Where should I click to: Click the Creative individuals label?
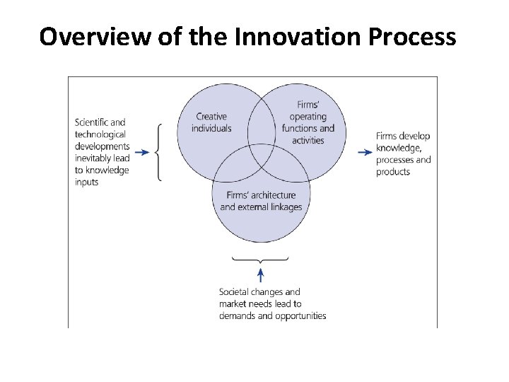(x=211, y=122)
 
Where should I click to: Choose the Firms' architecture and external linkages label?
(x=261, y=201)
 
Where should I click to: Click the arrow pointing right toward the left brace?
(x=141, y=152)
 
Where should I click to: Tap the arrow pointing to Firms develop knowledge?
(x=365, y=152)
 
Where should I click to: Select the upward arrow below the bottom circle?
(x=261, y=274)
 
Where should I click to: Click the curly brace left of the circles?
(x=158, y=152)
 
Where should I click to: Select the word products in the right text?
(x=393, y=172)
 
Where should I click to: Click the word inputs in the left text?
(x=87, y=183)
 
